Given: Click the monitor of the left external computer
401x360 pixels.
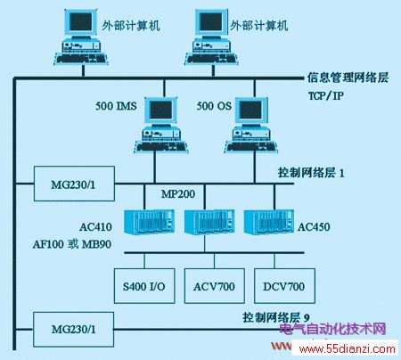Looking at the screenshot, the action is tap(80, 22).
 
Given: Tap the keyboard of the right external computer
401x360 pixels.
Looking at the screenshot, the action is tap(212, 59).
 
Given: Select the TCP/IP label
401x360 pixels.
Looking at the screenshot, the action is tap(326, 96).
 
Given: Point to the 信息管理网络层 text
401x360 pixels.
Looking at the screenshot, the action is tap(348, 78).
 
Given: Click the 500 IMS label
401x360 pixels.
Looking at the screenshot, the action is tap(116, 106).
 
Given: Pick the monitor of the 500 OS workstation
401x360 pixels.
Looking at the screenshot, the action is tap(252, 110).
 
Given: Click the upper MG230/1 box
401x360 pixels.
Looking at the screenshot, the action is tap(74, 184).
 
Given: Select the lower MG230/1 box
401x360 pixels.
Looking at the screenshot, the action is tap(73, 330).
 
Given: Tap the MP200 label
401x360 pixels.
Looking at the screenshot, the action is tap(178, 194).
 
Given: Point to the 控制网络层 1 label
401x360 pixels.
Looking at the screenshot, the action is tap(311, 173).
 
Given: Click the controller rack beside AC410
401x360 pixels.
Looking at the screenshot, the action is tap(149, 222).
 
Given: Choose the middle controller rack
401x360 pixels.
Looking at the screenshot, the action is tap(209, 222).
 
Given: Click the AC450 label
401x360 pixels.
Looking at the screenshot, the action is tap(314, 227).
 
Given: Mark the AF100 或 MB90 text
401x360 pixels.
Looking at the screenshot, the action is tap(72, 244).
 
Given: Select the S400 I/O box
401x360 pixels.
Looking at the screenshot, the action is tap(144, 286).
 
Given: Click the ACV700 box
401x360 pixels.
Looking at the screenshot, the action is tap(215, 286).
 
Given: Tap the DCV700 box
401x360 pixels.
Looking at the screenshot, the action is tap(284, 286).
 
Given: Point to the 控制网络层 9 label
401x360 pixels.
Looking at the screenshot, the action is tap(276, 317).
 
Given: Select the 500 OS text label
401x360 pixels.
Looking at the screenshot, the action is tap(214, 106).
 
